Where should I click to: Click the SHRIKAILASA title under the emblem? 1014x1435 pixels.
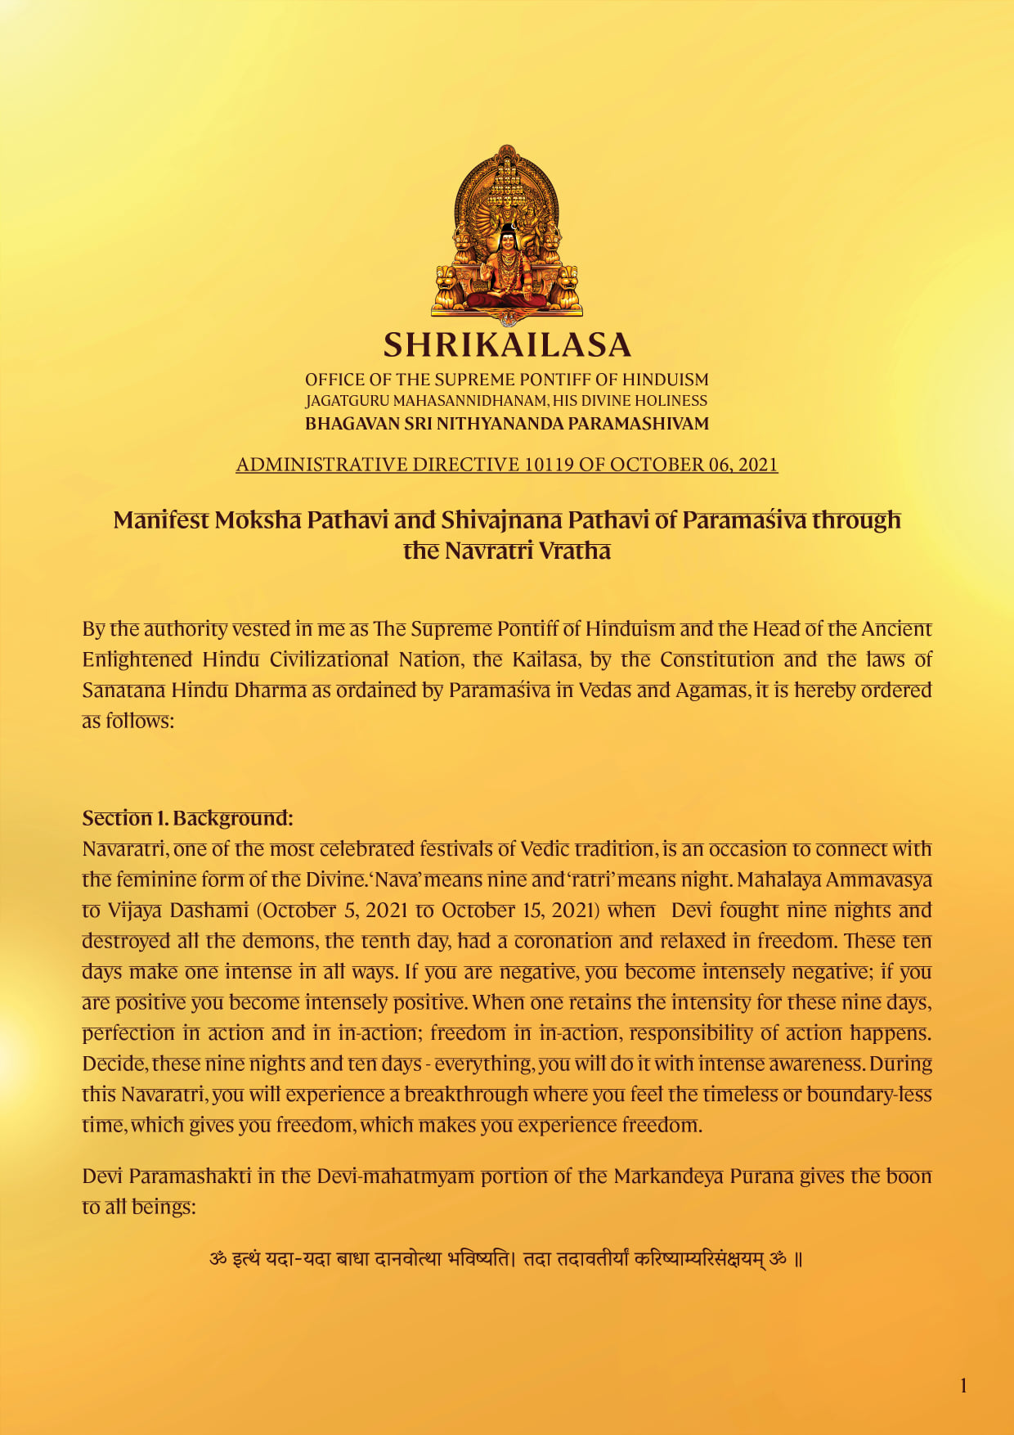tap(507, 345)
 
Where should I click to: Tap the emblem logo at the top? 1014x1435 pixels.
tap(507, 234)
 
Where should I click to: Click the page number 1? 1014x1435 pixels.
tap(963, 1385)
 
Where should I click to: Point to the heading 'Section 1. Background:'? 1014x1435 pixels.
tap(187, 818)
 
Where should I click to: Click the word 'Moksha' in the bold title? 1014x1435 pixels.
tap(258, 520)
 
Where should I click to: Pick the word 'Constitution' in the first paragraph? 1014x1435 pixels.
tap(717, 659)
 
